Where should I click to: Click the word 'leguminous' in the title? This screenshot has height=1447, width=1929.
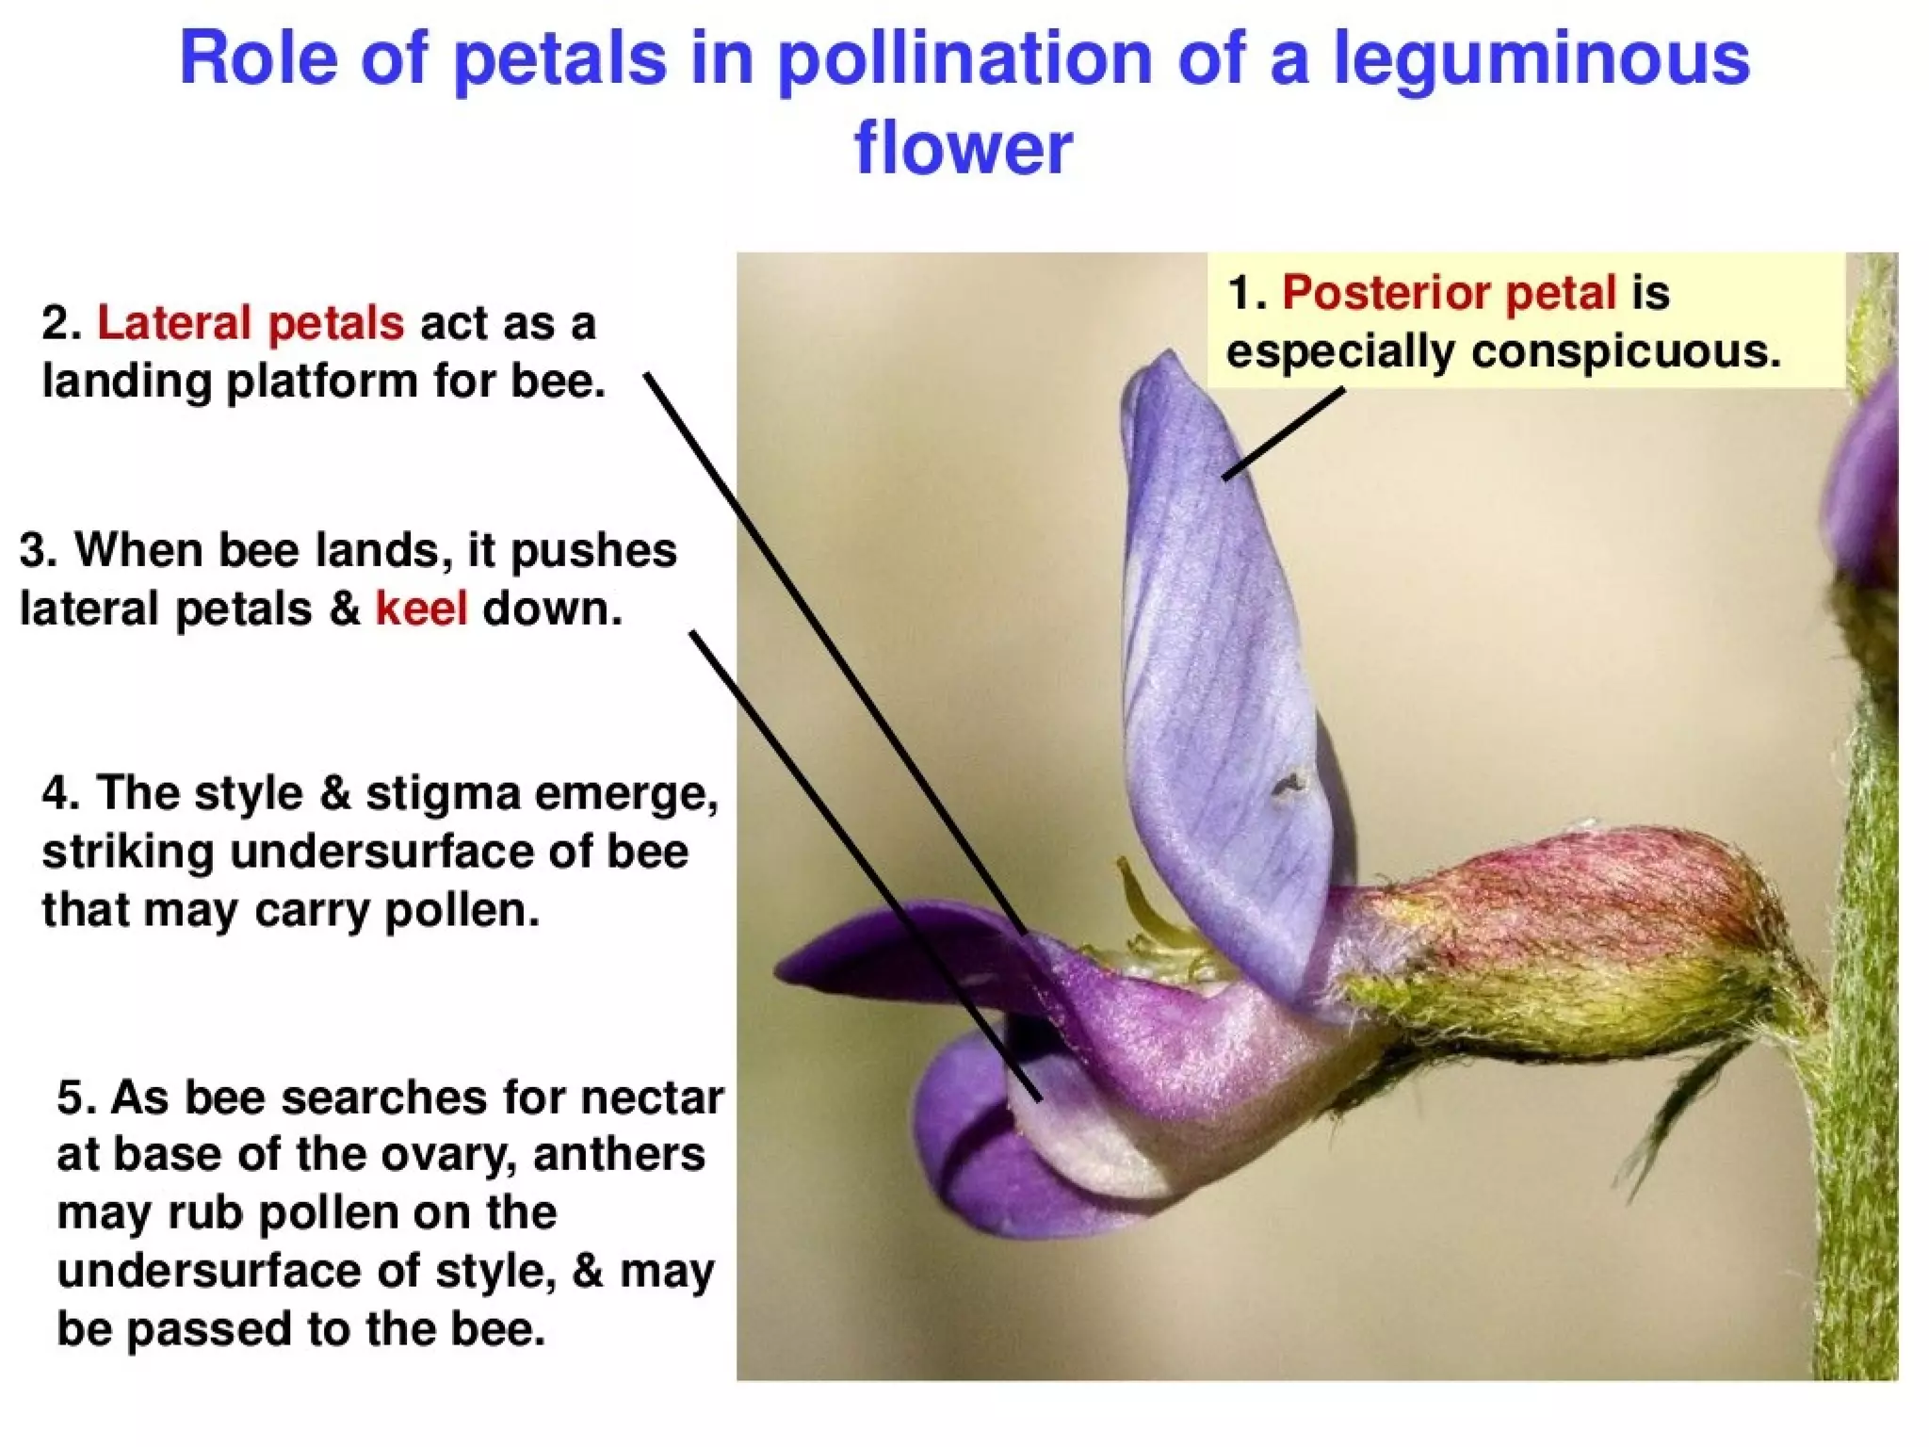tap(1541, 60)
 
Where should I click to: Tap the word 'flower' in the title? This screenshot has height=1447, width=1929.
tap(963, 149)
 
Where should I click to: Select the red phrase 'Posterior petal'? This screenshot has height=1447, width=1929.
tap(1449, 293)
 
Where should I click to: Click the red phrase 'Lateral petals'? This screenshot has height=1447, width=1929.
tap(251, 323)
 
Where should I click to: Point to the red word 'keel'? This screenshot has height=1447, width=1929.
tap(421, 609)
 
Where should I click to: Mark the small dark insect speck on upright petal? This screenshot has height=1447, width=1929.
tap(1288, 785)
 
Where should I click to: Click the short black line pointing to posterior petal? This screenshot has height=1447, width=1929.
tap(1284, 434)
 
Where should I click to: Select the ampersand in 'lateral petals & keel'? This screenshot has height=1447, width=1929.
tap(345, 609)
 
